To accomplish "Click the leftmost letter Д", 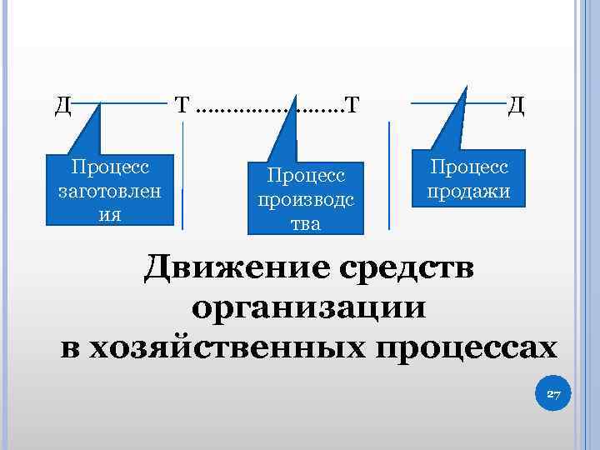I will (x=62, y=106).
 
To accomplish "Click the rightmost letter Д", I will (x=516, y=106).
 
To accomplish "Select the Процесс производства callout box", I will (x=305, y=198).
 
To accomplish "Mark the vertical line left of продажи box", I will (x=389, y=175).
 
